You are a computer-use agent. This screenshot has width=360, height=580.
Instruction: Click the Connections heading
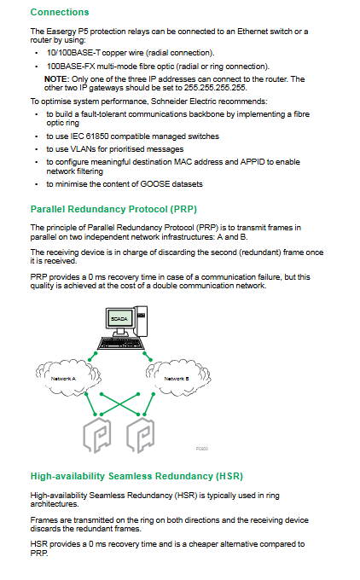[x=60, y=12]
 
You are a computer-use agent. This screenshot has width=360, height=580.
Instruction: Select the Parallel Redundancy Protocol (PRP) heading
[x=113, y=209]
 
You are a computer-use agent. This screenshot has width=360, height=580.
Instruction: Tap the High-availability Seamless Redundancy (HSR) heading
[x=136, y=476]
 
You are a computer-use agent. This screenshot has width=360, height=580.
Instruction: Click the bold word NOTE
[x=56, y=79]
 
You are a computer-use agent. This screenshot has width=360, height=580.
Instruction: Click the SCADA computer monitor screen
[x=119, y=318]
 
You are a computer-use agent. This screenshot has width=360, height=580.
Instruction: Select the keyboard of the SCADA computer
[x=120, y=344]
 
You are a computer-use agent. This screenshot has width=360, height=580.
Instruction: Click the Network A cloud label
[x=63, y=379]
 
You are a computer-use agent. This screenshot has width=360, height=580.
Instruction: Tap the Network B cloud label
[x=177, y=379]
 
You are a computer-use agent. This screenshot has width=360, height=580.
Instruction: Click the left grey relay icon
[x=97, y=436]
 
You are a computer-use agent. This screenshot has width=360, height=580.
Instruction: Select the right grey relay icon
[x=141, y=436]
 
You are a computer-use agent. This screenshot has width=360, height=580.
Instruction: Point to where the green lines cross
[x=119, y=404]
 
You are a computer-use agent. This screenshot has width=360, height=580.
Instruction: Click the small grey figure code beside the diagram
[x=202, y=449]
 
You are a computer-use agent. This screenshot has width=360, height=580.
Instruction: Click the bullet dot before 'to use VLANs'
[x=37, y=149]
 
